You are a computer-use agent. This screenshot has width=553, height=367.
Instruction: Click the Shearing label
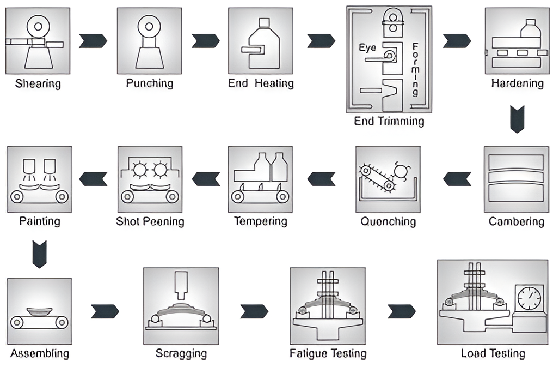pos(38,84)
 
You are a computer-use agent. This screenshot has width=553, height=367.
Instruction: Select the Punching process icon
pos(150,41)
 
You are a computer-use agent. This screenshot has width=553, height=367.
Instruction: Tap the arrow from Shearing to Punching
pos(93,41)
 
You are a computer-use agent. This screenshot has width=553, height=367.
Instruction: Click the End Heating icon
pos(261,41)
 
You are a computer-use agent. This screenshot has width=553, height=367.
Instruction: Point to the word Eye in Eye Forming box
pos(367,48)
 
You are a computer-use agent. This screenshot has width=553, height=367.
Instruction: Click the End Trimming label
pos(389,121)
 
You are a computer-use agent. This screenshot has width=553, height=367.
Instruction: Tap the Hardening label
pos(517,83)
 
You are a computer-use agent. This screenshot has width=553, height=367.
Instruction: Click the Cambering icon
pos(516,179)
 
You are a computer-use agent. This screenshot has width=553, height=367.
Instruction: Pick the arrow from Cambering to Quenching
pos(457,179)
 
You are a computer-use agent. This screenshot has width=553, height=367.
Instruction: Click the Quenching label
pos(388,221)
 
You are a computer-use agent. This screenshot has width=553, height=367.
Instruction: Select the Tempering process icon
pos(261,179)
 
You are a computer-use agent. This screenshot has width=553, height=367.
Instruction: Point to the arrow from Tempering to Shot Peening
pos(206,179)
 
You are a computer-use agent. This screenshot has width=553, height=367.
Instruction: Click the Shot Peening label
pos(150,221)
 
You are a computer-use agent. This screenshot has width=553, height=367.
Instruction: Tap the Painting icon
pos(39,179)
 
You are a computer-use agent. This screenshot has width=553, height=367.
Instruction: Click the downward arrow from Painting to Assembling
pos(40,255)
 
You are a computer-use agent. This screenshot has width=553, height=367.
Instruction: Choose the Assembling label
pos(40,353)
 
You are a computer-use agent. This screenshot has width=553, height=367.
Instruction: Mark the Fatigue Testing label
pos(328,353)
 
